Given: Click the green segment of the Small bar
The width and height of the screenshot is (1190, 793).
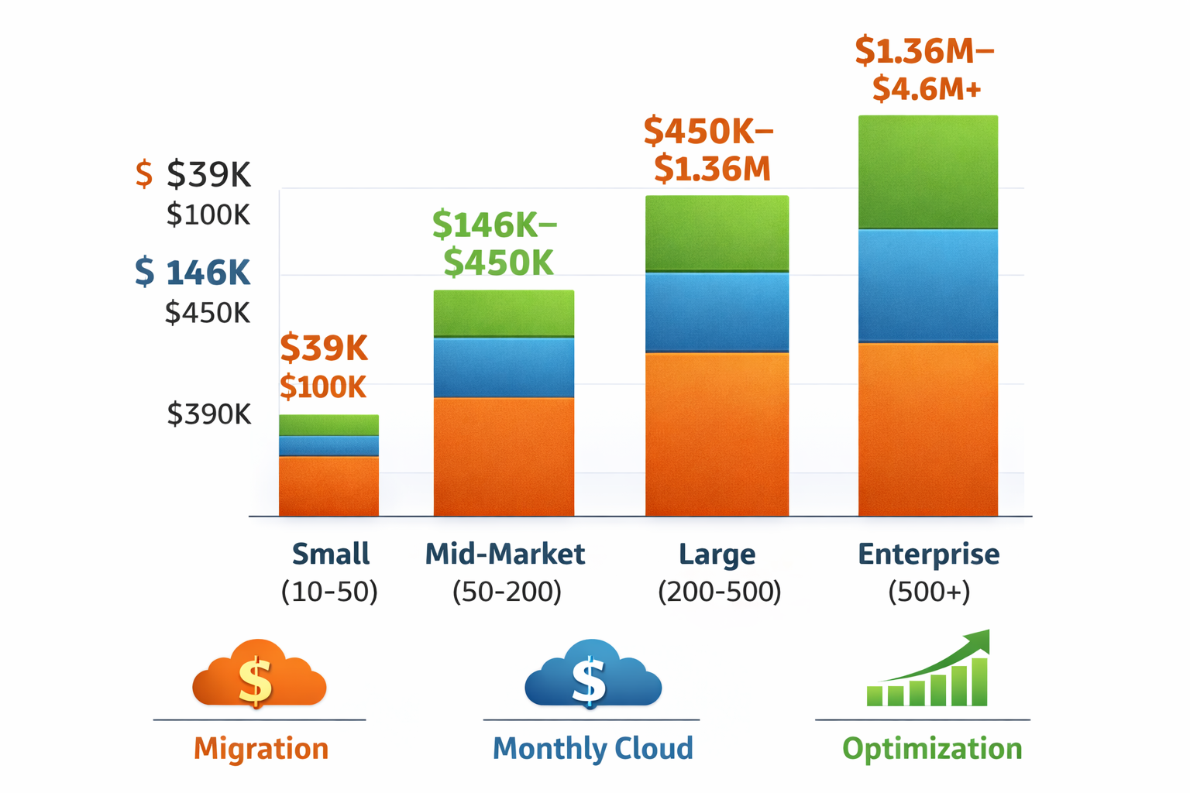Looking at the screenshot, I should (328, 425).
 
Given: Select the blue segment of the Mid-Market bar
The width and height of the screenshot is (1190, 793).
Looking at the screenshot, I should (504, 368).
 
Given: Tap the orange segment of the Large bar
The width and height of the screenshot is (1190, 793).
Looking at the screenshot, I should (717, 434).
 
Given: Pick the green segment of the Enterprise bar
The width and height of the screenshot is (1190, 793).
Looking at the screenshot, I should (927, 172).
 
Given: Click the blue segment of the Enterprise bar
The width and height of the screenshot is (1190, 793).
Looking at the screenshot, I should (927, 285).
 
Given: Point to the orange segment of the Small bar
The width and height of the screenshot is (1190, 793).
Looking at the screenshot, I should (328, 486).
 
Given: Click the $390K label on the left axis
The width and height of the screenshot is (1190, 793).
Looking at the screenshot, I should (209, 414).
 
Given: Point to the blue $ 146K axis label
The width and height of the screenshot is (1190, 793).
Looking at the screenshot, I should (192, 273).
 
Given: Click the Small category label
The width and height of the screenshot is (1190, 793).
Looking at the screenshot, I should (330, 554).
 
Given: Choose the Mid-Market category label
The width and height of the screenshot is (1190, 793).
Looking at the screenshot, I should (505, 554).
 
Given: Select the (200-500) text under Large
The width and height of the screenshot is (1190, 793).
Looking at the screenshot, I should (719, 592).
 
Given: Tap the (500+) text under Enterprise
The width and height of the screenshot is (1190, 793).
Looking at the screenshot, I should (928, 592).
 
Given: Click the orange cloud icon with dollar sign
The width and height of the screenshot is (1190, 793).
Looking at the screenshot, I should (259, 675).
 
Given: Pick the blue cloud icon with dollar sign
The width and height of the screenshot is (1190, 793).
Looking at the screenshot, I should (593, 675).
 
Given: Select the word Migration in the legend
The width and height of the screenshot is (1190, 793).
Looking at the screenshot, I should (261, 749).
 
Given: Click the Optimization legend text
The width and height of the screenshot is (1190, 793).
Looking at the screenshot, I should (932, 749).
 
